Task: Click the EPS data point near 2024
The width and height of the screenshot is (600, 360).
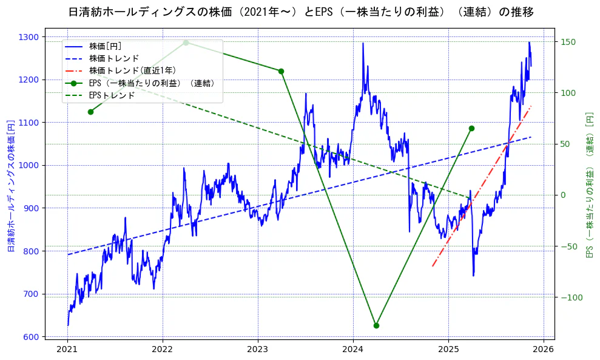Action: pos(376,325)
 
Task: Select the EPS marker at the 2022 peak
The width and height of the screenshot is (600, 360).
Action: pos(186,42)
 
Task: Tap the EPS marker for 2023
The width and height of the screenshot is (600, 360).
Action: pos(281,71)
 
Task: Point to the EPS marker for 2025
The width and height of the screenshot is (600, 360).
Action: pos(471,128)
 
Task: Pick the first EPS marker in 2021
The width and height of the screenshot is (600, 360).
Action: pos(90,112)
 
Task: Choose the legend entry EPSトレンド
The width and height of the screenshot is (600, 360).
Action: pos(112,95)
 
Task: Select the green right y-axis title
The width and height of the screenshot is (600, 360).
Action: pos(589,185)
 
